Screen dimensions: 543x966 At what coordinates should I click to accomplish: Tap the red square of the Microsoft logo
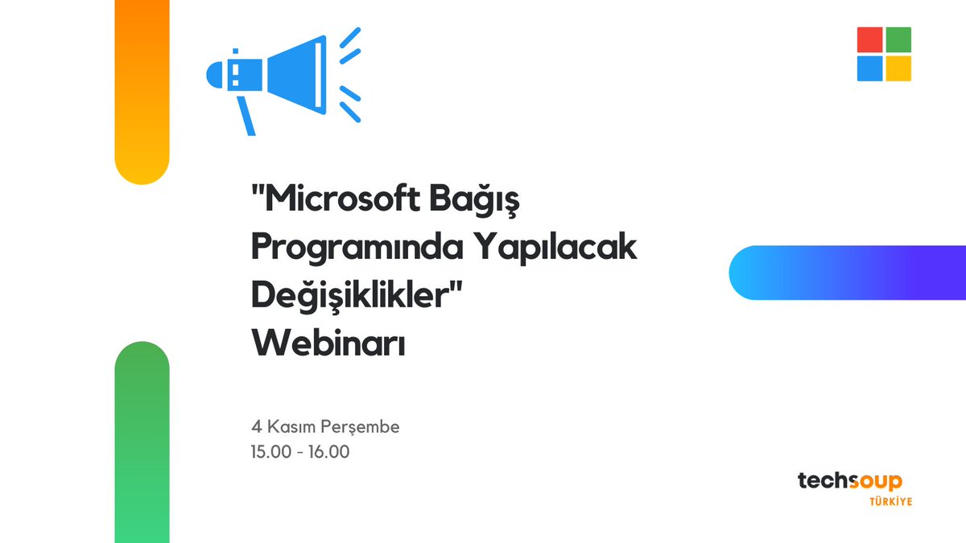click(x=869, y=40)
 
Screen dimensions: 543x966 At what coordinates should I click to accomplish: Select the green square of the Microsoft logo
click(x=898, y=40)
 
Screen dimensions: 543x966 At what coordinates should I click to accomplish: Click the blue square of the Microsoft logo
click(x=869, y=68)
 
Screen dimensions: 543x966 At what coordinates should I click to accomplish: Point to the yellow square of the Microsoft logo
click(x=898, y=68)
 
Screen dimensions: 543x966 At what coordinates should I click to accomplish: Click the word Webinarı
click(x=328, y=343)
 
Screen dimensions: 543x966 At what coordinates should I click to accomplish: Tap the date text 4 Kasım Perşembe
click(x=325, y=427)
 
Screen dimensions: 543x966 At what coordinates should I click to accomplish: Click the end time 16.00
click(x=328, y=452)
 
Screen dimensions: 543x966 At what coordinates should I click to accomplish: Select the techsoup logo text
click(x=849, y=481)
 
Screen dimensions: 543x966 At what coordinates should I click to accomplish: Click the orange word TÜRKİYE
click(x=890, y=501)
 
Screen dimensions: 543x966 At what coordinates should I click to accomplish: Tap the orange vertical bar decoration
click(x=142, y=88)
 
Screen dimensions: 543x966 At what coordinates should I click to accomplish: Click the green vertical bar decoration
click(x=142, y=442)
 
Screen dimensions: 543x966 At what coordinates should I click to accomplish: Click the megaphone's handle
click(x=246, y=116)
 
